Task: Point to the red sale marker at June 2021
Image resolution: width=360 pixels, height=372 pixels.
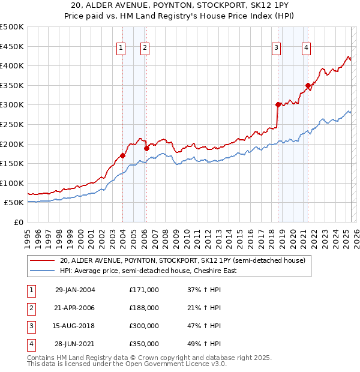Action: click(308, 85)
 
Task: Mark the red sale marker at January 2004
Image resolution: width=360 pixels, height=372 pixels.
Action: click(123, 155)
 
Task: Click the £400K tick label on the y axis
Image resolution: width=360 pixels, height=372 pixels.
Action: click(12, 65)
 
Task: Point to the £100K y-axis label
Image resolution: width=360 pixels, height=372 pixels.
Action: click(12, 183)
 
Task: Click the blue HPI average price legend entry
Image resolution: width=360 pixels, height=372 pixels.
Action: click(148, 271)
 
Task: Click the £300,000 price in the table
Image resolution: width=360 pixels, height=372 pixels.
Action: click(144, 327)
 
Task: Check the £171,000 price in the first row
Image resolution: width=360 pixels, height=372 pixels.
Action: click(144, 290)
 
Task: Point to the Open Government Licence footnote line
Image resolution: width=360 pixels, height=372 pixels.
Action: click(127, 364)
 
